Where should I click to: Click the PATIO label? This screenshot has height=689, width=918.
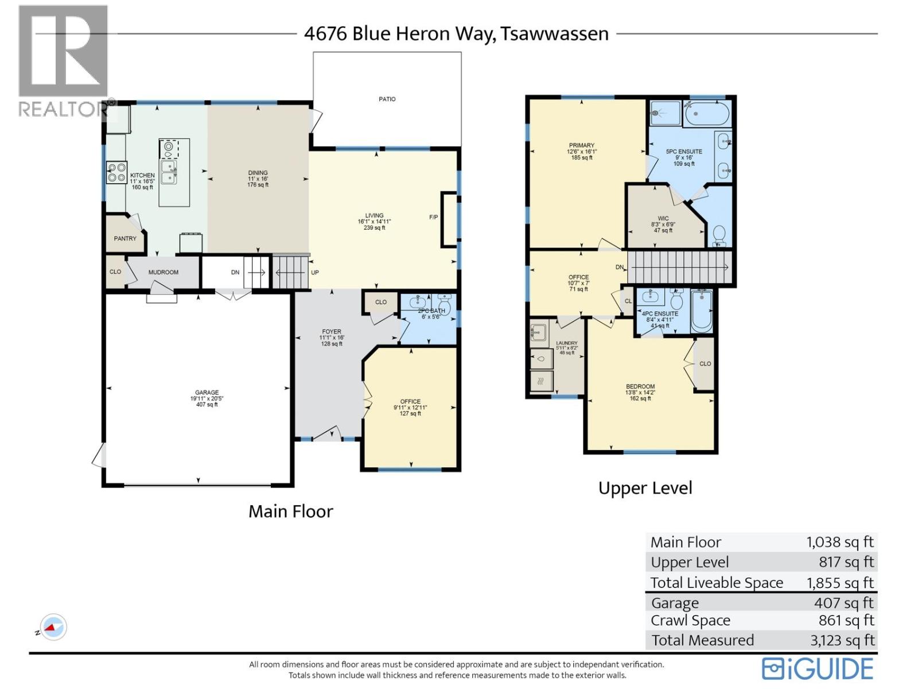pyautogui.click(x=387, y=99)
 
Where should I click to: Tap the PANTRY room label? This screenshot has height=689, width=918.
pyautogui.click(x=125, y=238)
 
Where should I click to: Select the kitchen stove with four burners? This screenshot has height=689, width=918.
pyautogui.click(x=116, y=173)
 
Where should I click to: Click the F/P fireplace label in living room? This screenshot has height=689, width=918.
pyautogui.click(x=433, y=218)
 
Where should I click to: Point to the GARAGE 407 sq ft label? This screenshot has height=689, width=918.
pyautogui.click(x=207, y=398)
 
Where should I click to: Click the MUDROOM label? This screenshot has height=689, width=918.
pyautogui.click(x=163, y=272)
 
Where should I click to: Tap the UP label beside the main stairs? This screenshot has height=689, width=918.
pyautogui.click(x=315, y=273)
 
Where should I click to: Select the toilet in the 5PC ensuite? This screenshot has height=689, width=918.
pyautogui.click(x=719, y=235)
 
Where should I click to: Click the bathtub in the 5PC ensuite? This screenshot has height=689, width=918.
pyautogui.click(x=707, y=114)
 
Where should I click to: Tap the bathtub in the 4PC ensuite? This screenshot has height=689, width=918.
pyautogui.click(x=701, y=311)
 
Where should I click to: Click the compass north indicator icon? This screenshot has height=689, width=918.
pyautogui.click(x=53, y=628)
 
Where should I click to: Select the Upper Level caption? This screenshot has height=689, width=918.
pyautogui.click(x=645, y=488)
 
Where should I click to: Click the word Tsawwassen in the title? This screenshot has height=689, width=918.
pyautogui.click(x=554, y=34)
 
